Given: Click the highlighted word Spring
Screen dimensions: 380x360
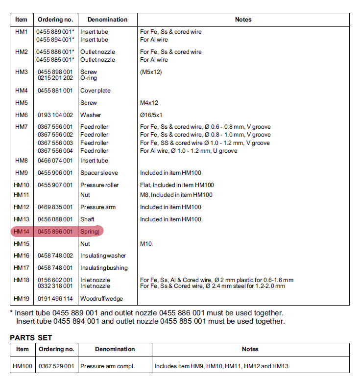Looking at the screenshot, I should click(90, 232).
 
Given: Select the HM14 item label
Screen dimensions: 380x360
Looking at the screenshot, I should click(22, 232).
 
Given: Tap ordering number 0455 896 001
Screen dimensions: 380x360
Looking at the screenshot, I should click(55, 232).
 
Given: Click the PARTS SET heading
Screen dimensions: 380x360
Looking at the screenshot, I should click(31, 337).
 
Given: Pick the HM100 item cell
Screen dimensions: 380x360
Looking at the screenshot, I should click(22, 366).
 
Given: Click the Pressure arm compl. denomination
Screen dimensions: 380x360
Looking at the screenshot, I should click(107, 366).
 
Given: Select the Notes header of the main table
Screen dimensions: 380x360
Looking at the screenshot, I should click(243, 20).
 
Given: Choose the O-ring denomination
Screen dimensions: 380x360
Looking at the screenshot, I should click(89, 78).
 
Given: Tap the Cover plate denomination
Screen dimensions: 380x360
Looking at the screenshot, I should click(96, 91).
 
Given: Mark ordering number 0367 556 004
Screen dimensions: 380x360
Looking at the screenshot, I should click(55, 151).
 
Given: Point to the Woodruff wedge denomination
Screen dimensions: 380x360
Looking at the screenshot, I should click(101, 299).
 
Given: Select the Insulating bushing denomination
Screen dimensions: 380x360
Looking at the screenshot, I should click(104, 268).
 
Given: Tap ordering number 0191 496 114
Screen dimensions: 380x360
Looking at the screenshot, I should click(55, 299).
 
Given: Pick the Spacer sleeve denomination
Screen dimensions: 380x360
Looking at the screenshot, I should click(99, 173).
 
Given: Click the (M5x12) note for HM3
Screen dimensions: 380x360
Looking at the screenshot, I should click(151, 72).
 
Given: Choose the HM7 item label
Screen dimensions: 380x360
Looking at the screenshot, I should click(22, 127).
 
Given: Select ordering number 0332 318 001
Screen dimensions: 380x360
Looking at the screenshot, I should click(55, 286).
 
